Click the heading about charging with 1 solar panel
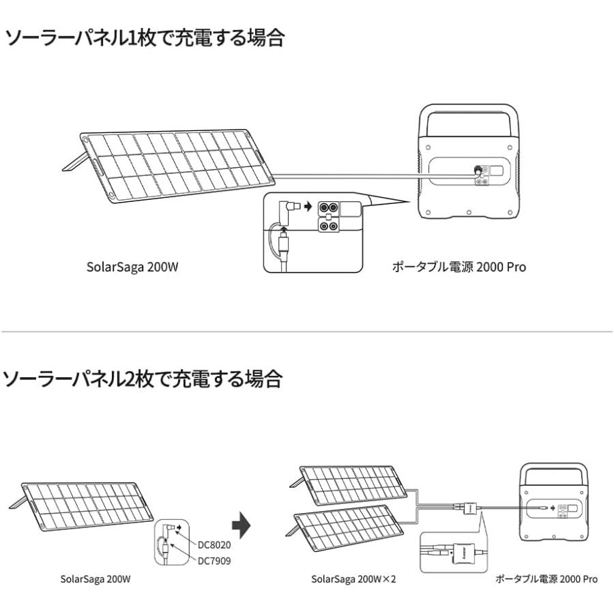(x=144, y=38)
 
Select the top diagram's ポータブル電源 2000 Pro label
(x=458, y=267)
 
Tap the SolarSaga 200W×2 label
(x=353, y=579)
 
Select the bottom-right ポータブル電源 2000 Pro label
(x=546, y=579)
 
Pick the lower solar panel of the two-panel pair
(x=343, y=526)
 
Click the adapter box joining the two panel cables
(x=470, y=508)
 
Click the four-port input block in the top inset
(x=329, y=216)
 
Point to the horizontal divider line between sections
(x=307, y=332)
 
